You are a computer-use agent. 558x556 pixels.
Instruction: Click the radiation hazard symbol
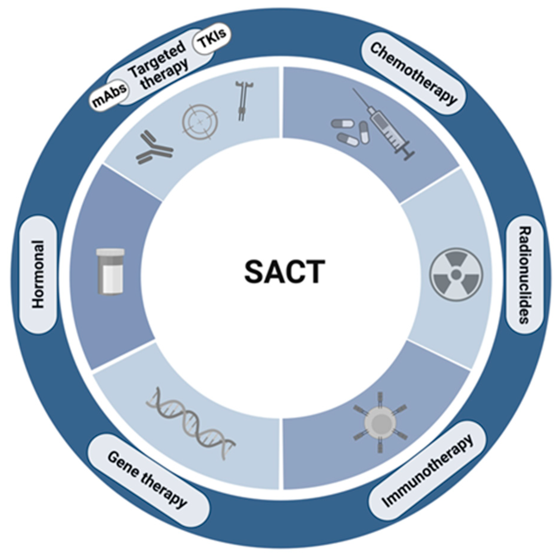(456, 274)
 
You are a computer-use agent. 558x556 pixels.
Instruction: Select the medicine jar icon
(110, 271)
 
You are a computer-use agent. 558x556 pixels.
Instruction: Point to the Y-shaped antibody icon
(154, 148)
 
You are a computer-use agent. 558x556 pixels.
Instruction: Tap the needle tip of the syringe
(355, 90)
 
